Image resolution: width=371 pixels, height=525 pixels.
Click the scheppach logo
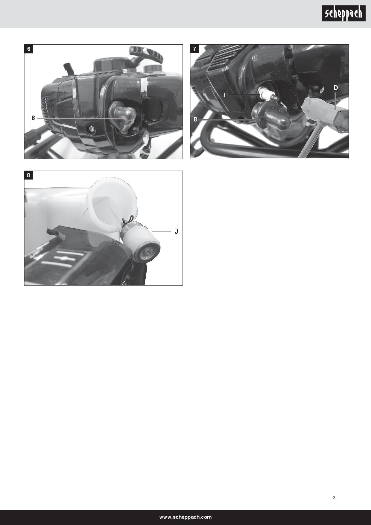click(343, 13)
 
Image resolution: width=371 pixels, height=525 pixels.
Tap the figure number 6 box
click(29, 49)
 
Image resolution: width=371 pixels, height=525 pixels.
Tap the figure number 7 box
click(195, 49)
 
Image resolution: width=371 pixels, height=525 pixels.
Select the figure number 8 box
click(29, 175)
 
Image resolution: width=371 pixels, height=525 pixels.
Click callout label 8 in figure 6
click(33, 118)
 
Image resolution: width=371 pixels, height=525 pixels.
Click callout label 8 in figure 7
click(195, 119)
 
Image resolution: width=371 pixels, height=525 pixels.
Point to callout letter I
click(225, 95)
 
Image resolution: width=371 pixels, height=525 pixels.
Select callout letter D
click(336, 88)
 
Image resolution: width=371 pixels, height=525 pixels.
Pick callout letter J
click(176, 232)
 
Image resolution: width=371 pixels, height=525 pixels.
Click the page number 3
click(334, 498)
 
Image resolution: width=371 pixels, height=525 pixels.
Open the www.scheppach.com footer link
click(185, 517)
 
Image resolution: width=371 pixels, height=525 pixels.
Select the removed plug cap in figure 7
click(271, 116)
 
